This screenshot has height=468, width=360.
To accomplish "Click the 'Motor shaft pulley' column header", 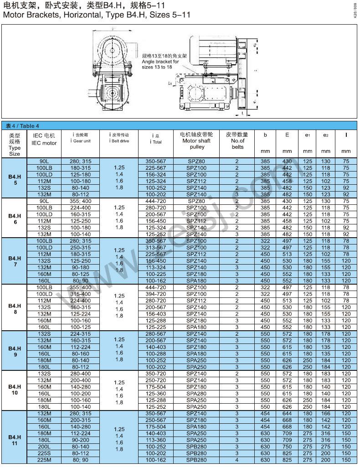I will click(196, 141).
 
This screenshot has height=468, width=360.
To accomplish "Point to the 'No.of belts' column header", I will click(237, 141).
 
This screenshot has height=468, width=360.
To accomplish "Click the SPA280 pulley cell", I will click(196, 393).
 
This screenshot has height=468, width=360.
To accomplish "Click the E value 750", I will click(287, 447).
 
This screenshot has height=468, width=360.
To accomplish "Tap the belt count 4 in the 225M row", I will click(237, 460).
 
